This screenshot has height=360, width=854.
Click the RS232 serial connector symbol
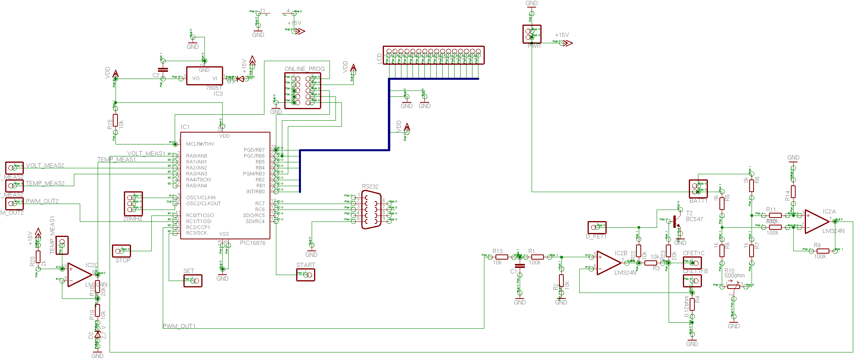(371, 210)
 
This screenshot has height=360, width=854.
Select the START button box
(305, 275)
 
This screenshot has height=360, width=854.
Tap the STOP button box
(121, 251)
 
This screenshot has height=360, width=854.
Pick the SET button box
(193, 281)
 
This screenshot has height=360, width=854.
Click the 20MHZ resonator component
(133, 204)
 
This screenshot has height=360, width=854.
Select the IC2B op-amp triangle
(608, 263)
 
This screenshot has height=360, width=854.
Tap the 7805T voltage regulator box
(204, 75)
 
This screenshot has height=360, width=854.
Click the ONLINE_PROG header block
(303, 91)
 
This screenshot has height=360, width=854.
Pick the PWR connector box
(532, 34)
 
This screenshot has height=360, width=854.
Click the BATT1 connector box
(698, 189)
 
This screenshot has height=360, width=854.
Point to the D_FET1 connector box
(597, 227)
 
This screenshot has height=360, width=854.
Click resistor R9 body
(823, 251)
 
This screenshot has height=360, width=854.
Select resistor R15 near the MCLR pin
(115, 120)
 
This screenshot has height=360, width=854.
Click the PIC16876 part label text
(253, 243)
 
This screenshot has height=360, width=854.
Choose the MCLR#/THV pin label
(200, 144)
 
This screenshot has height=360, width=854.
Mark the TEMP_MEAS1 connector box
(62, 245)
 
